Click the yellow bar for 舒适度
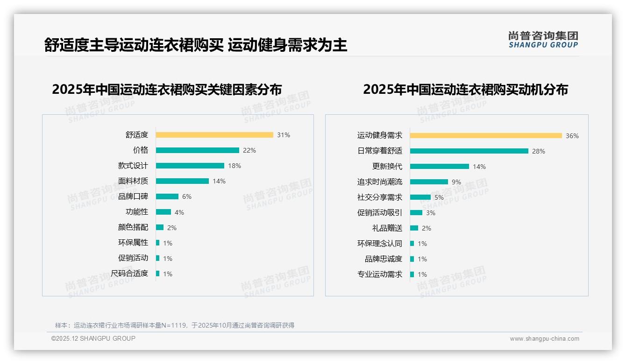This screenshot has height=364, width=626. point(214,135)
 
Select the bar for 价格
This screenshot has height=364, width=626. point(197,150)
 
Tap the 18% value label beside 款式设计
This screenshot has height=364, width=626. point(235,166)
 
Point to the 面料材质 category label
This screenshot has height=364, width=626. point(133,181)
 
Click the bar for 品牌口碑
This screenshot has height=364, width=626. point(167,196)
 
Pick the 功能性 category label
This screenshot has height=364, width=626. point(137,212)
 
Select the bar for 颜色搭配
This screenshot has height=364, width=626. point(160,227)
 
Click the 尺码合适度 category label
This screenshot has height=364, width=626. point(129,273)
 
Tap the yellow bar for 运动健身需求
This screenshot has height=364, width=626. point(486,136)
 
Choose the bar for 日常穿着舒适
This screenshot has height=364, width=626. point(469,151)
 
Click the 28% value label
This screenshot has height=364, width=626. point(539,151)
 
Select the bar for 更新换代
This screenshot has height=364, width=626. point(440,166)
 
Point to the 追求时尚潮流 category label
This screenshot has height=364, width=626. point(380,182)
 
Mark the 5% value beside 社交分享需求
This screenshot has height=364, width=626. point(439,197)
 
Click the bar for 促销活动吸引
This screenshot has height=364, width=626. point(416,213)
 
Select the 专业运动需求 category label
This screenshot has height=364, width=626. point(380,274)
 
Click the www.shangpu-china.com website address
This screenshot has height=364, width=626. point(544,339)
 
